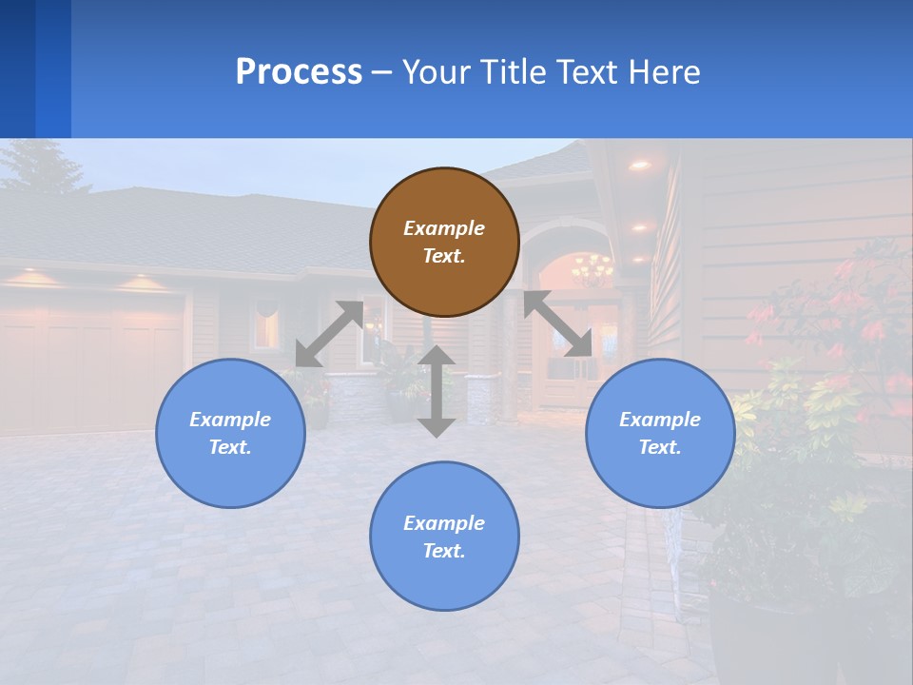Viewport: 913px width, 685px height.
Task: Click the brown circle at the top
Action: pyautogui.click(x=444, y=242)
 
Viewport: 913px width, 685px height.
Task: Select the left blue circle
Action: pyautogui.click(x=230, y=433)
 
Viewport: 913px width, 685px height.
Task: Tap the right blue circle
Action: pyautogui.click(x=660, y=433)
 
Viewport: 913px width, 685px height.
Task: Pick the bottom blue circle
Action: pyautogui.click(x=444, y=537)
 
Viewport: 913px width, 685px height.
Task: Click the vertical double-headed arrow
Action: pyautogui.click(x=437, y=391)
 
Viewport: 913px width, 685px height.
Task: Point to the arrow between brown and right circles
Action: pyautogui.click(x=557, y=323)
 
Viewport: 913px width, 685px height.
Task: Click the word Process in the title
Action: pyautogui.click(x=299, y=71)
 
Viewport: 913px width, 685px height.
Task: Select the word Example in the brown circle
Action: pyautogui.click(x=444, y=228)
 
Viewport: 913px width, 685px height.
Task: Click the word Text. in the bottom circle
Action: pyautogui.click(x=444, y=551)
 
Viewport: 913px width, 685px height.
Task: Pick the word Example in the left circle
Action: pyautogui.click(x=230, y=420)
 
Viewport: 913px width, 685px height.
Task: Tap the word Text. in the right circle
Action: pyautogui.click(x=660, y=447)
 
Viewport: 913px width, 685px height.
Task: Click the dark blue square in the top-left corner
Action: pyautogui.click(x=17, y=68)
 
